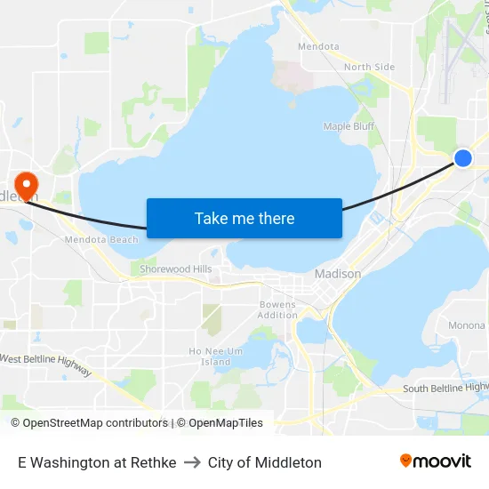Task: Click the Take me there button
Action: point(244,218)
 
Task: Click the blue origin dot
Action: point(462,158)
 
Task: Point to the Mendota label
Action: point(318,46)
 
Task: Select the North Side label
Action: point(369,67)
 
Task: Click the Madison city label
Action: point(338,274)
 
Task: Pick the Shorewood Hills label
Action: point(176,269)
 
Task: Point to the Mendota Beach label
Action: point(101,240)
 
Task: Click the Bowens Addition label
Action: point(277,309)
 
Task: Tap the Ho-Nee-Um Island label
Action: point(215,356)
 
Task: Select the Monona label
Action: point(467,325)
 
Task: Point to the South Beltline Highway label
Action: point(445,388)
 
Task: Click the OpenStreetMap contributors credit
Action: point(89,423)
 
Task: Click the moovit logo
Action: point(435,461)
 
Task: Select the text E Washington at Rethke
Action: point(97,462)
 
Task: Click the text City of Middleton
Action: point(265,462)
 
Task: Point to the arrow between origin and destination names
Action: point(192,462)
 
